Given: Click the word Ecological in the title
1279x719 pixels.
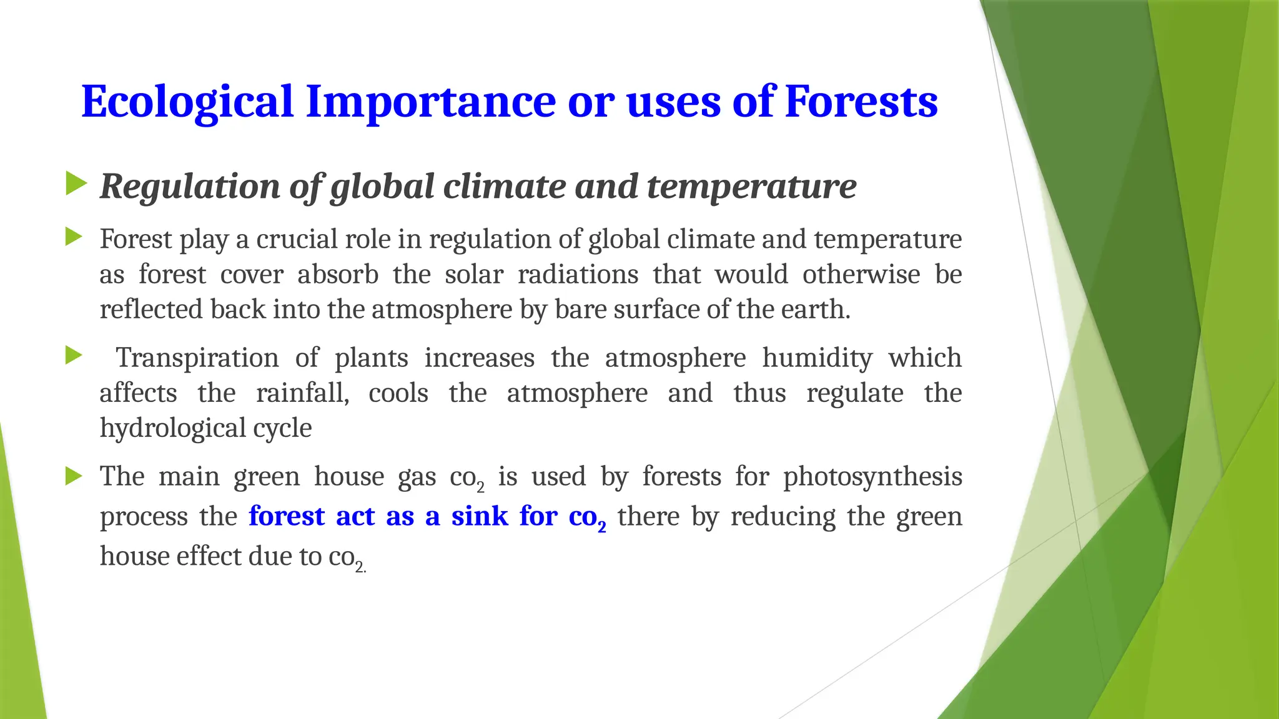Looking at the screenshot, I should [187, 102].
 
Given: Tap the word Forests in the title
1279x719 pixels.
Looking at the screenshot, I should [861, 102].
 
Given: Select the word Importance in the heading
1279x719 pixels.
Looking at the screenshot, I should [430, 102].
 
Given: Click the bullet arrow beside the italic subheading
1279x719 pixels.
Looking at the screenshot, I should [76, 184].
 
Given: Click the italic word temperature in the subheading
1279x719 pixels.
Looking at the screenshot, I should [751, 187].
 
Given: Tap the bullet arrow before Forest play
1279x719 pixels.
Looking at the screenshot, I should [74, 237].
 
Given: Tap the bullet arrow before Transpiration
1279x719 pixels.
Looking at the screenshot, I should [74, 356].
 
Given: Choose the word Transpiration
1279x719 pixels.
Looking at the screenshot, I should [197, 358].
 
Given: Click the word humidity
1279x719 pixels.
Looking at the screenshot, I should [817, 358].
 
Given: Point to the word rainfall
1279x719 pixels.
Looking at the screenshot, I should [302, 393].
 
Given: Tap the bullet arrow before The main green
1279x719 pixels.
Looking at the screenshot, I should [74, 477].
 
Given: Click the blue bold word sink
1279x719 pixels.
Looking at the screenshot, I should [479, 517].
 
